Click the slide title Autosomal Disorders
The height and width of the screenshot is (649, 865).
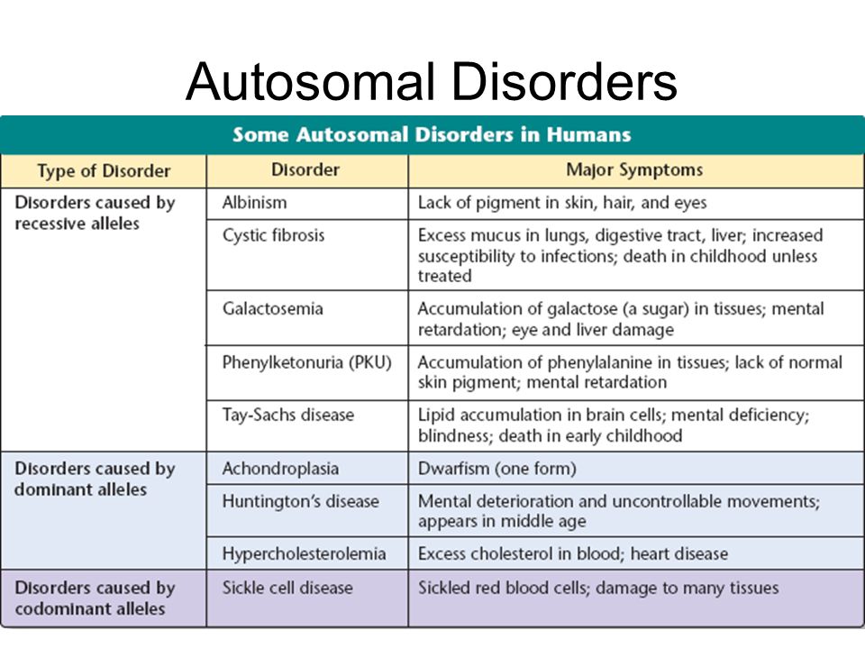click(432, 82)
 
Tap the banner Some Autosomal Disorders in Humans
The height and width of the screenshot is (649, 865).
click(432, 134)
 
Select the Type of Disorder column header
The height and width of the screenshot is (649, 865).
click(104, 171)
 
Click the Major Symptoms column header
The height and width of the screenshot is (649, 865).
click(634, 170)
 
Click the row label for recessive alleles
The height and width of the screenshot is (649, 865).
click(95, 213)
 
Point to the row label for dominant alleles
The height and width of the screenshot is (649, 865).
click(95, 479)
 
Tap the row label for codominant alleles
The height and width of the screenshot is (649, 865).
click(95, 599)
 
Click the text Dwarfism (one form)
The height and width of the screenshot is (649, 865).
click(497, 469)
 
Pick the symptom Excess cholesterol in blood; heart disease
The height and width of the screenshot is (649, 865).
click(573, 553)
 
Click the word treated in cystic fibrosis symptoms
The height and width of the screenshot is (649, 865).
click(444, 276)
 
